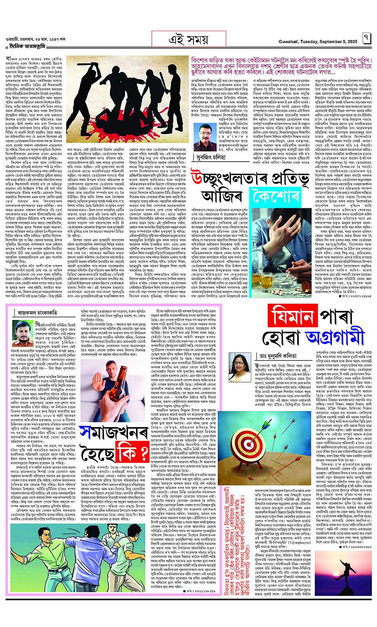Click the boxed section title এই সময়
tap(189, 39)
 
